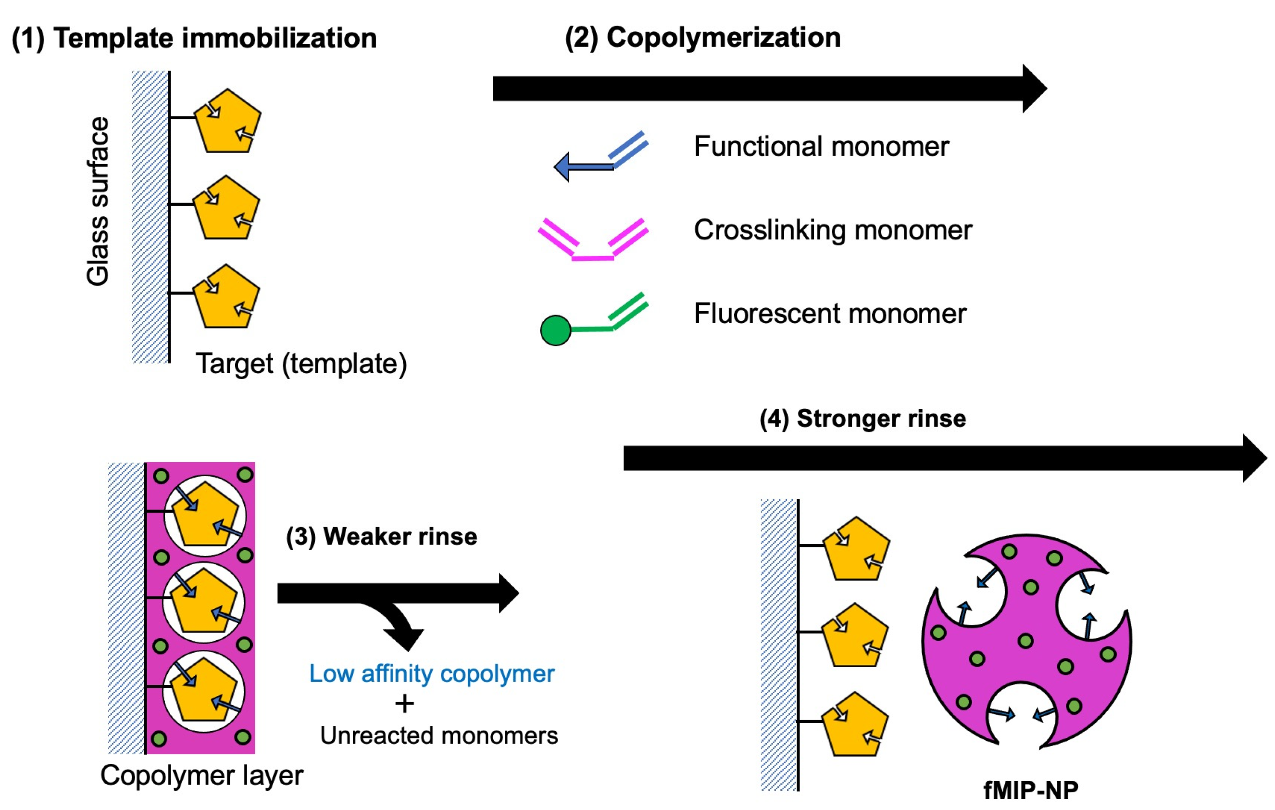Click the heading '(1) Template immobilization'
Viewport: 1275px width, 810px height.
tap(194, 38)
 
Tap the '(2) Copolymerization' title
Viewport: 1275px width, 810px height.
tap(702, 38)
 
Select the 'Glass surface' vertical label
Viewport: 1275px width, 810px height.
tap(98, 202)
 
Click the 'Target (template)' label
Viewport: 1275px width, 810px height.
tap(301, 364)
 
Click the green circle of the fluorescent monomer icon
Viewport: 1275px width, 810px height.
tap(555, 330)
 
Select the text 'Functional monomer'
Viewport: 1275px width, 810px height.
tap(821, 146)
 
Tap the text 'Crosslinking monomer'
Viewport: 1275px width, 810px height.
tap(833, 230)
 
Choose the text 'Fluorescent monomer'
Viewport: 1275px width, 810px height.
tap(830, 314)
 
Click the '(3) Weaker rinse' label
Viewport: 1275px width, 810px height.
tap(381, 537)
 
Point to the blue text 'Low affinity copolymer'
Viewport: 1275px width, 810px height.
tap(432, 674)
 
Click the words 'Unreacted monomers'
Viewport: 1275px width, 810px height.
tap(439, 736)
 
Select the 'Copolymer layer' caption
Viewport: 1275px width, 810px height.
tap(202, 775)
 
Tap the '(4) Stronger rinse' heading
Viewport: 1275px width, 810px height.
tap(862, 418)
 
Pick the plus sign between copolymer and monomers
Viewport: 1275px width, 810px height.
tap(404, 705)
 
